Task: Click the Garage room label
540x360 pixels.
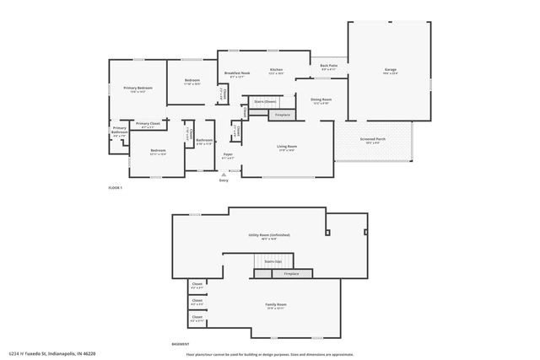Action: tap(390, 71)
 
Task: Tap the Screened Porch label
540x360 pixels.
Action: tap(372, 139)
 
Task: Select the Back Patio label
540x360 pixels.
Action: tap(328, 66)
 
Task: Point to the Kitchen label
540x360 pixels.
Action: tap(276, 70)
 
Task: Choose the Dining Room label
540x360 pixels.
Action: tap(321, 100)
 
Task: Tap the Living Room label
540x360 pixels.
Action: tap(287, 147)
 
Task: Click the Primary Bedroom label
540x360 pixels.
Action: tap(138, 88)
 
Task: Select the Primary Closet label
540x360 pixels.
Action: tap(148, 124)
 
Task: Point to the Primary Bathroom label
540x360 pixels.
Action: tap(120, 131)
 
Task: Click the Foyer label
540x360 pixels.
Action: tap(228, 154)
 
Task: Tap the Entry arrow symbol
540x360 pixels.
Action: tap(224, 175)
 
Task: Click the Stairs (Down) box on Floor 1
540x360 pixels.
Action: tap(265, 101)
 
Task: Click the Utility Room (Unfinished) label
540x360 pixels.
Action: tap(269, 235)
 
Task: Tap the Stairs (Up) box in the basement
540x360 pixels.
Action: tap(273, 261)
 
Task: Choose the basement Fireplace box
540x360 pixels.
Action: tap(291, 274)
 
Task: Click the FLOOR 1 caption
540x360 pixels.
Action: tap(116, 187)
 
